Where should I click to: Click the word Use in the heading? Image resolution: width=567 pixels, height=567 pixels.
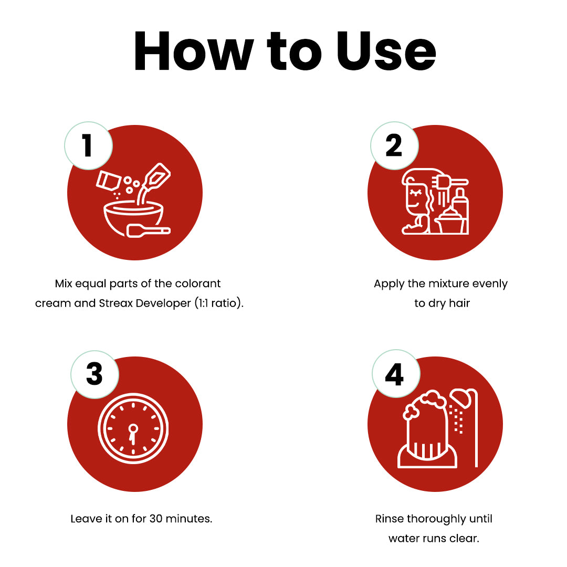[386, 51]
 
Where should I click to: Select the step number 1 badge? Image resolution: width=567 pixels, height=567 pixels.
[88, 146]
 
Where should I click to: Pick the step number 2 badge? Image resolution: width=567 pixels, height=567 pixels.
[394, 146]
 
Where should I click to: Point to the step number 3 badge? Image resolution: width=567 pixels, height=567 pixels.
[94, 375]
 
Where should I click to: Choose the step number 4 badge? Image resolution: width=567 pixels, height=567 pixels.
[396, 374]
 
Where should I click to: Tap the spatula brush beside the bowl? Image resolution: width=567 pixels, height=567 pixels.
[148, 230]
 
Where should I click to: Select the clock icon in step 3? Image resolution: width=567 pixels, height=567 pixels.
[133, 428]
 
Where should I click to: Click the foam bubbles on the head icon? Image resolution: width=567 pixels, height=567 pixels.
[425, 404]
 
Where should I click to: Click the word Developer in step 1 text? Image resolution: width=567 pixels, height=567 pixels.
[163, 303]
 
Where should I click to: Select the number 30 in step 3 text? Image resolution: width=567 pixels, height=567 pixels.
[156, 519]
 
